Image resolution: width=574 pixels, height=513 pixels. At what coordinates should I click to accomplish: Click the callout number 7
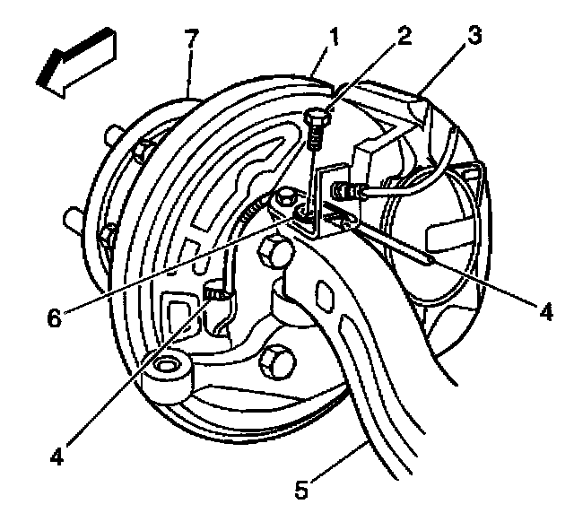click(x=190, y=39)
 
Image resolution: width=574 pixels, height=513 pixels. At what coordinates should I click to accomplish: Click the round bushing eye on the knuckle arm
click(x=168, y=369)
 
